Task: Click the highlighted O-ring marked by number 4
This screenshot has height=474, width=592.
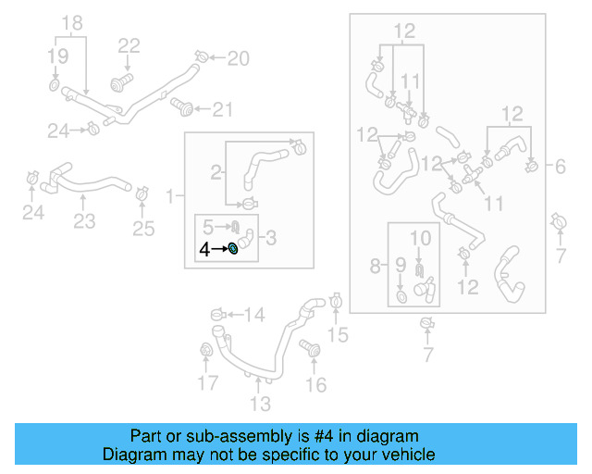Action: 233,248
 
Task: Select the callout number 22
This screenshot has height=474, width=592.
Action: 129,45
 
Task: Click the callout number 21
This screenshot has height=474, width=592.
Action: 222,111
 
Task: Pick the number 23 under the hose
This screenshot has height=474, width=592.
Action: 84,221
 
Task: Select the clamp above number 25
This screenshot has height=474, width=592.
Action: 142,194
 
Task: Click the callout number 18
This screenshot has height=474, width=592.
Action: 71,22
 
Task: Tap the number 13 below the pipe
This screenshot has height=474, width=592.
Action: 260,403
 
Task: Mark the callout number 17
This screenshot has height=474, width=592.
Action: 207,382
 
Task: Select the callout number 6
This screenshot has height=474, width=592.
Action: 561,167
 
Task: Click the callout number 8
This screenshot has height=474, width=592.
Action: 376,267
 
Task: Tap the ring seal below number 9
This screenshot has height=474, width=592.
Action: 401,296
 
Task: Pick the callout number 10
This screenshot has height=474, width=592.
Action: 420,239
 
